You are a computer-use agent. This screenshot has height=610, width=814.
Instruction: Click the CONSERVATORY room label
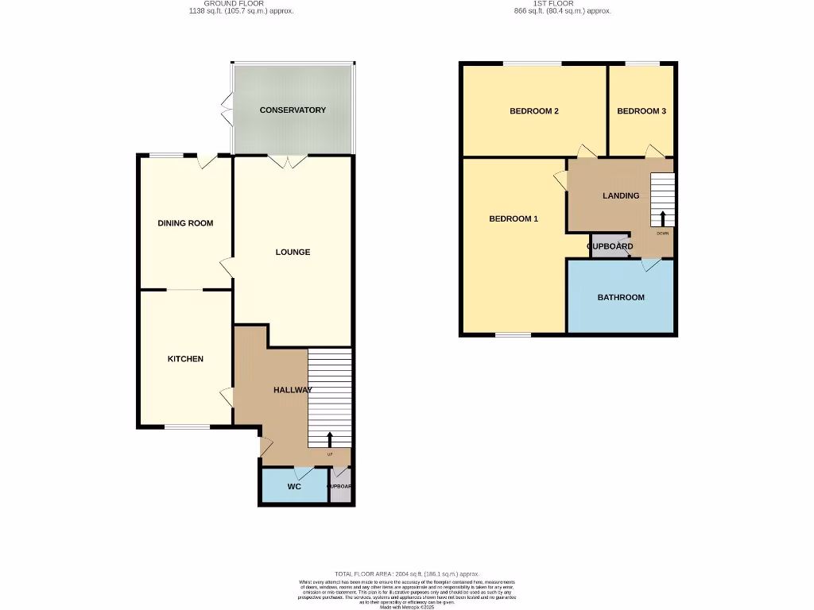(293, 110)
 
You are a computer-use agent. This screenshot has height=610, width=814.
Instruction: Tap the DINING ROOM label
(185, 223)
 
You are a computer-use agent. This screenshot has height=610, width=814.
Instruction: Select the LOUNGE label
(293, 253)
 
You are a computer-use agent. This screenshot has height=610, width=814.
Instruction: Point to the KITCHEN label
(185, 359)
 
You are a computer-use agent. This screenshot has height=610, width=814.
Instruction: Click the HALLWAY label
(293, 390)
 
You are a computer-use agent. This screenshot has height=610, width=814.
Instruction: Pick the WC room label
(294, 486)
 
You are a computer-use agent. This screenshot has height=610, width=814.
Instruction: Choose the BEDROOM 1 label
(514, 218)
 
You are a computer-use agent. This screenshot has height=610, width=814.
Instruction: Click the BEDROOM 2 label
(533, 111)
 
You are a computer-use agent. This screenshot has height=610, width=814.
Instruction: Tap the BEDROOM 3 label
(642, 111)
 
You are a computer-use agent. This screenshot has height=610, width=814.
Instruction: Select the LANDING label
(621, 195)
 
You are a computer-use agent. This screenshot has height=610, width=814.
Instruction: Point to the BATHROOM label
(621, 297)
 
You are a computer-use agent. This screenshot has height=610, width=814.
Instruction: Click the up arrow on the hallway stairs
(330, 439)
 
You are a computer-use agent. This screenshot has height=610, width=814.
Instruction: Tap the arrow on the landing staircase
(663, 218)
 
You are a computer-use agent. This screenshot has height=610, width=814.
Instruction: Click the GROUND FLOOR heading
(236, 3)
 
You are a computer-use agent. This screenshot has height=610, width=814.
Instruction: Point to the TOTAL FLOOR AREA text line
(407, 573)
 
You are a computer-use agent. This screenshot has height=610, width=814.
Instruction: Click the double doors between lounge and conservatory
(286, 161)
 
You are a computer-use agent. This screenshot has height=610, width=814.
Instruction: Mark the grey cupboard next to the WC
(340, 486)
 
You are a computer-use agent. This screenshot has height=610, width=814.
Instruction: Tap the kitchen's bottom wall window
(188, 427)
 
